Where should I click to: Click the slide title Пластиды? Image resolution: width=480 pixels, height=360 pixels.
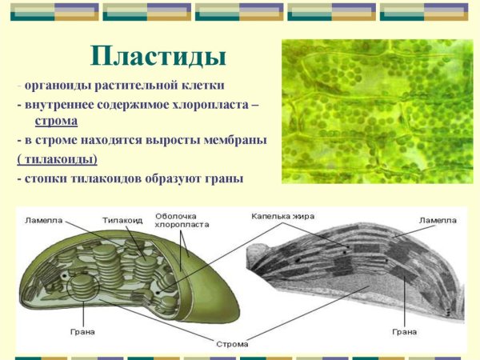point(158,56)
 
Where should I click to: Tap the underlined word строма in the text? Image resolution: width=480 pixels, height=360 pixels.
point(56,122)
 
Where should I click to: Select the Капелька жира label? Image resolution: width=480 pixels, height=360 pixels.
point(282,216)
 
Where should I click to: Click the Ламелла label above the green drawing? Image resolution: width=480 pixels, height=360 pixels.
point(42,220)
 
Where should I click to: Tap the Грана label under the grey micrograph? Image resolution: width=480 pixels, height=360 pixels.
point(405,330)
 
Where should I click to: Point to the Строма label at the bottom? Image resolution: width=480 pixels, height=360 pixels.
point(232,344)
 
